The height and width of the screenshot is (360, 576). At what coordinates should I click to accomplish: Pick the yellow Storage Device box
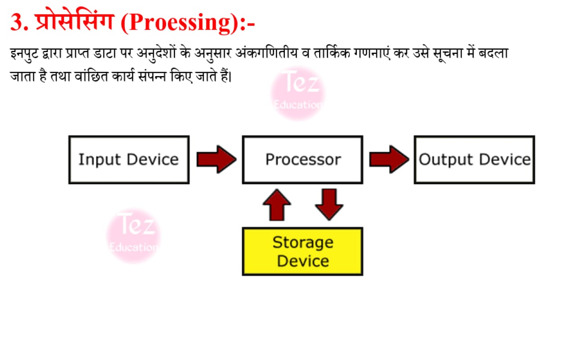click(x=302, y=251)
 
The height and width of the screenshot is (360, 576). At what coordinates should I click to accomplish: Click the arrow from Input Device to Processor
click(x=216, y=159)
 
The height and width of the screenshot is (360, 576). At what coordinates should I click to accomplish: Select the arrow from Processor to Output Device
click(x=389, y=159)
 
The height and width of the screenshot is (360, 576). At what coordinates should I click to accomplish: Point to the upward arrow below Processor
click(x=277, y=205)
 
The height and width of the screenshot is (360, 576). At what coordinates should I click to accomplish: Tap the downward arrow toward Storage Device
click(x=329, y=205)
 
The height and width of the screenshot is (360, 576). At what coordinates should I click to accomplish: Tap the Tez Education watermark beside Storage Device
click(x=133, y=235)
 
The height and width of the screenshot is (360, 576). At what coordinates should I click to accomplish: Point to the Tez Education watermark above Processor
click(x=298, y=93)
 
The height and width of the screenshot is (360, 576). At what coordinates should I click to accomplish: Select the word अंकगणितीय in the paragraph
click(x=266, y=53)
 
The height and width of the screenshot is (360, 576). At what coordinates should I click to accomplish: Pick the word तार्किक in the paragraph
click(x=332, y=53)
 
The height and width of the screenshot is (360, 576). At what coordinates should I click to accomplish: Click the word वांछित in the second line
click(x=91, y=76)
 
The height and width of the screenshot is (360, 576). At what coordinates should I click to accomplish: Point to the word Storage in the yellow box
click(x=303, y=243)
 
